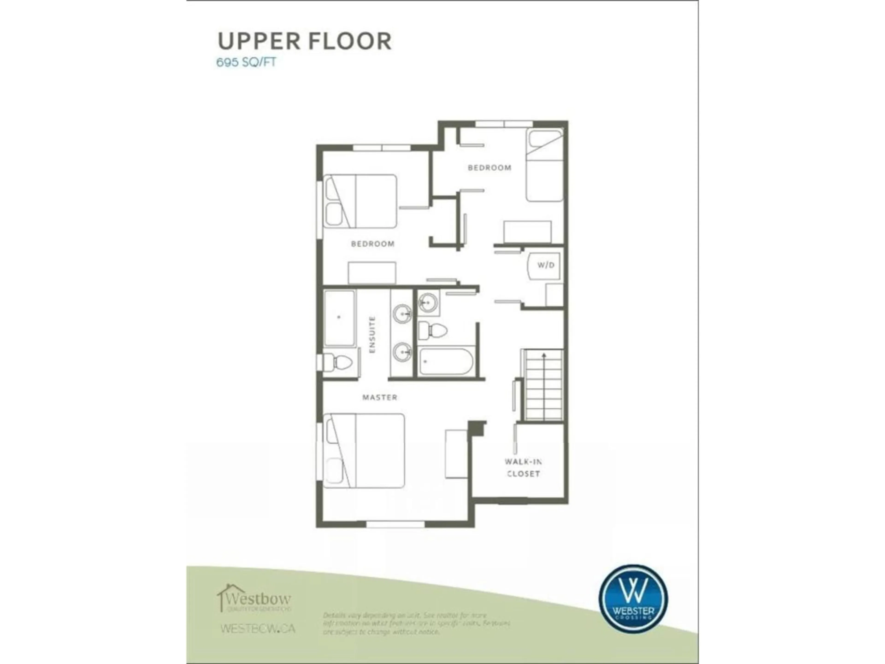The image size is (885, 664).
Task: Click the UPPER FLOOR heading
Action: point(304,41)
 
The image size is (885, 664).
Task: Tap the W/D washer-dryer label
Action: point(546,265)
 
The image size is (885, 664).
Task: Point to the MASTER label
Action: point(380,397)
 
